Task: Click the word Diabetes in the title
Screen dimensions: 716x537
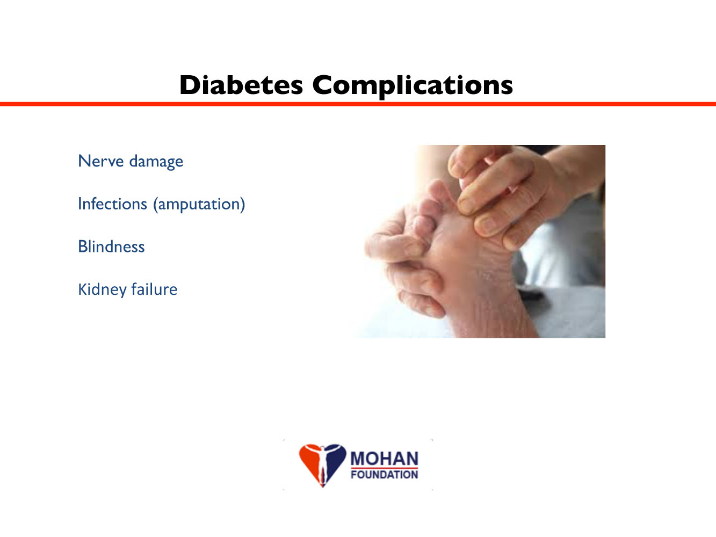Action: pos(241,85)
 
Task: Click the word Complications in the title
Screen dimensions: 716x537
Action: pos(413,86)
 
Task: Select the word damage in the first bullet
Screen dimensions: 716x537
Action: pos(156,162)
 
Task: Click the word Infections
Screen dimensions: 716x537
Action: pos(113,204)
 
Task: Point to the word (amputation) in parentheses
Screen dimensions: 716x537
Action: pos(199,205)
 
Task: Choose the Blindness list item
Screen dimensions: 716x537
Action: pos(111,246)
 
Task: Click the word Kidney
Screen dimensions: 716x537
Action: pos(103,289)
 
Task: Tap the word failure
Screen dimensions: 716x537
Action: pos(154,289)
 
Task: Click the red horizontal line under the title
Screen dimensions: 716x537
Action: pos(358,104)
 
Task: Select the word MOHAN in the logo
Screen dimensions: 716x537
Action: pos(384,459)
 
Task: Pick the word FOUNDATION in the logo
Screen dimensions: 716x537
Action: pos(384,474)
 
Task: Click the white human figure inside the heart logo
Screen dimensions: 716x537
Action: pos(323,463)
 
